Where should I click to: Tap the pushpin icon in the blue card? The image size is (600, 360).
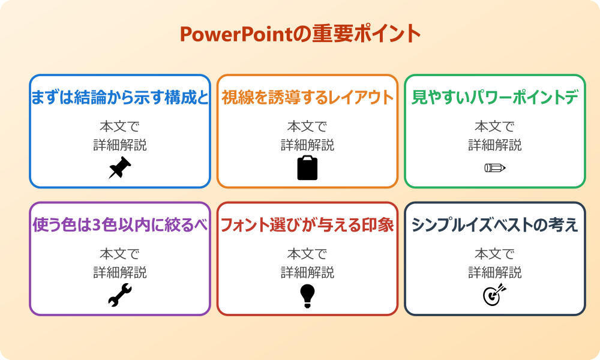(x=120, y=168)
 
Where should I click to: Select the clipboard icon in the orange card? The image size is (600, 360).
(x=307, y=168)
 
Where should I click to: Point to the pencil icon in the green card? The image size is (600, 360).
(x=495, y=167)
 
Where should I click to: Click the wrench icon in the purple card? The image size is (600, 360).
(x=120, y=295)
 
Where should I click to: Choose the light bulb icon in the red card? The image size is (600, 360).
(x=307, y=295)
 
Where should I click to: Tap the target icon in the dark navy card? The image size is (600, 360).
(x=495, y=295)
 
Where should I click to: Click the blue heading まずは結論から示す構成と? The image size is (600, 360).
(x=120, y=98)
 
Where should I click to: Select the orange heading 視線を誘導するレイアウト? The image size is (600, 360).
(x=307, y=97)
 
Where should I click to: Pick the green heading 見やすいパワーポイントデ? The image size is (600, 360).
(x=495, y=98)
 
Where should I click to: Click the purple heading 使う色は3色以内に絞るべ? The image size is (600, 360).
(x=120, y=225)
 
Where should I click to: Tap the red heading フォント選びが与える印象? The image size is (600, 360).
(x=307, y=225)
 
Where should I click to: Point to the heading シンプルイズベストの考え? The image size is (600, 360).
(x=495, y=225)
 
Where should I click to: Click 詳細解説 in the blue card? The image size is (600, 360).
(x=120, y=145)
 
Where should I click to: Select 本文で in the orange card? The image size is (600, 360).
(x=307, y=127)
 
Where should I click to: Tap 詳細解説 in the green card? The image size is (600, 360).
(x=495, y=145)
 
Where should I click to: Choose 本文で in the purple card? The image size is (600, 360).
(x=120, y=254)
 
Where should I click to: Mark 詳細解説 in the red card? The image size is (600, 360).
(x=307, y=272)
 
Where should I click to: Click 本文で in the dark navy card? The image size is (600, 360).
(x=495, y=254)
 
